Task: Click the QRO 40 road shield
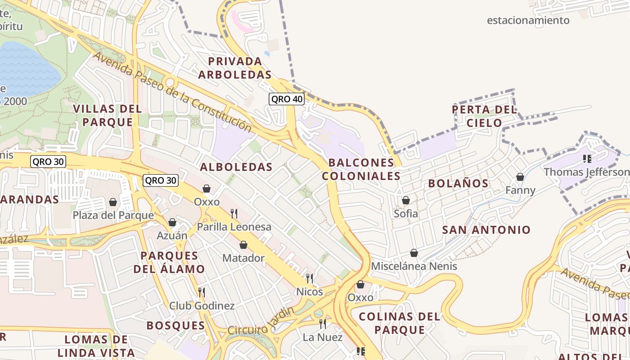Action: [x=287, y=99]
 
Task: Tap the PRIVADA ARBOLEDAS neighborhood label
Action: [x=235, y=68]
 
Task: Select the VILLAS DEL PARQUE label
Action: [x=108, y=115]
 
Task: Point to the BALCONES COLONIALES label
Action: [x=361, y=169]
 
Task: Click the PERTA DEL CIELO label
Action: [x=484, y=116]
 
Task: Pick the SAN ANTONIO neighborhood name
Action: [x=486, y=230]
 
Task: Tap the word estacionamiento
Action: [x=528, y=20]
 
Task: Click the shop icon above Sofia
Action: [x=406, y=200]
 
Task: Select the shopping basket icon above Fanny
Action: [x=520, y=177]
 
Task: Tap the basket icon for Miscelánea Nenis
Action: [x=414, y=253]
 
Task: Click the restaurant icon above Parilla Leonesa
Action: [x=234, y=213]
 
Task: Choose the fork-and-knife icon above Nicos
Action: [x=310, y=279]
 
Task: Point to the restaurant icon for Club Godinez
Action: [x=202, y=292]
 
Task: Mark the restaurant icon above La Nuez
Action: [x=323, y=324]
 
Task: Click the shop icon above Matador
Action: [x=243, y=245]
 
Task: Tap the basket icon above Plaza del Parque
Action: [x=113, y=202]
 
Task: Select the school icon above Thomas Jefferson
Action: [x=587, y=158]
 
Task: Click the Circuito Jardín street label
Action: [x=261, y=322]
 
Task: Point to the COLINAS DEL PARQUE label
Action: [x=400, y=323]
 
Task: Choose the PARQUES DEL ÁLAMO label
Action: [x=169, y=262]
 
